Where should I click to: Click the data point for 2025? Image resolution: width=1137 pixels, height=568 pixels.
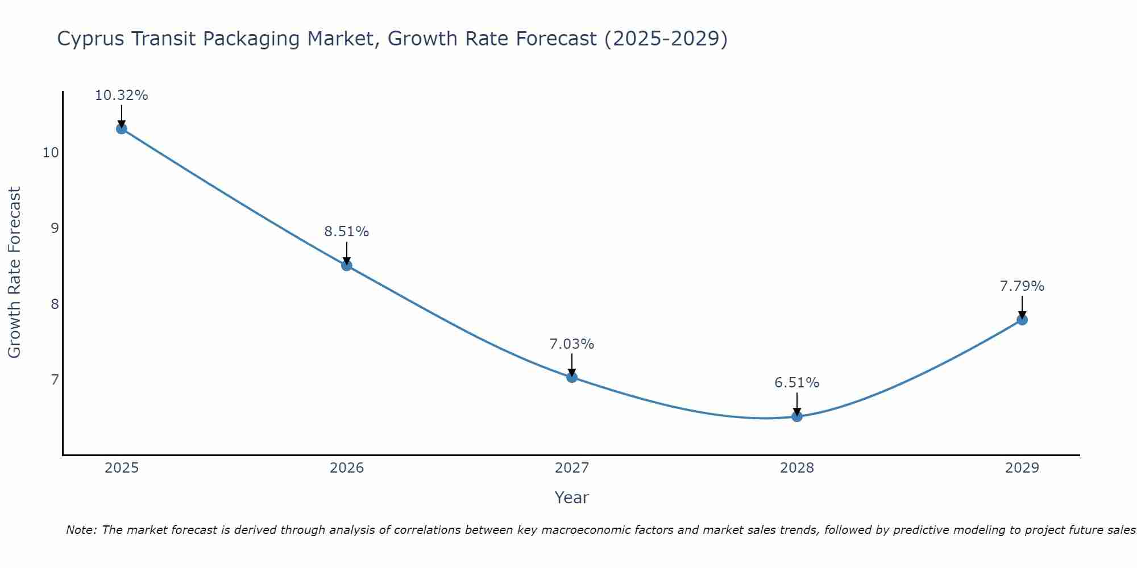(x=121, y=128)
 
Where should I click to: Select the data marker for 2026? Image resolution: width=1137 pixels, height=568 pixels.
(x=347, y=265)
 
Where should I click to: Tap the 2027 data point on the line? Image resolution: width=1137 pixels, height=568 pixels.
(x=572, y=377)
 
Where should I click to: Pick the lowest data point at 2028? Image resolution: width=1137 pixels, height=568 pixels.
(x=797, y=416)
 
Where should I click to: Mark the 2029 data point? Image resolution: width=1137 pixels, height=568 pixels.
(x=1022, y=320)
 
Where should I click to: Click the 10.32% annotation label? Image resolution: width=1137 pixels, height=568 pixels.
(x=121, y=95)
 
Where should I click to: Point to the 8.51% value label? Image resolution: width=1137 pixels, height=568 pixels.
(x=347, y=232)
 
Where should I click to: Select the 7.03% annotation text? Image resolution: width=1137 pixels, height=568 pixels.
(x=572, y=344)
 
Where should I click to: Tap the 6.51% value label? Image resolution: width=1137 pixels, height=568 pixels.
(x=797, y=383)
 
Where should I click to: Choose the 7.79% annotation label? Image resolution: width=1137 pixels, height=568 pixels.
(x=1022, y=286)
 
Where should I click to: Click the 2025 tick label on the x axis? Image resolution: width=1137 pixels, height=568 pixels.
(x=122, y=468)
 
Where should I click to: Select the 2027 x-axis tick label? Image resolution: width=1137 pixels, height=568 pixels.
(x=572, y=468)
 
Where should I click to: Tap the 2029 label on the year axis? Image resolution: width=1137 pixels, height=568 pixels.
(x=1022, y=468)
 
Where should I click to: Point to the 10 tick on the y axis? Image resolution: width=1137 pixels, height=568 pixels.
(x=51, y=153)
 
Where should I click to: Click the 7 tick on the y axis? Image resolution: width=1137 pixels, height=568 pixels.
(x=55, y=379)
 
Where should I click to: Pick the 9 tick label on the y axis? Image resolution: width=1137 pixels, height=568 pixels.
(x=55, y=228)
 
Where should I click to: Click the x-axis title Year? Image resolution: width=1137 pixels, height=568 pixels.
(x=572, y=498)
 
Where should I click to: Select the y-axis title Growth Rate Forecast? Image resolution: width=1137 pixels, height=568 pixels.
(x=14, y=273)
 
